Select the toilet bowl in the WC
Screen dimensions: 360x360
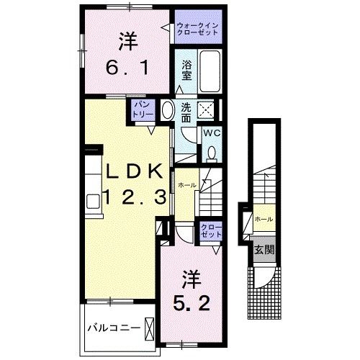pyautogui.click(x=212, y=152)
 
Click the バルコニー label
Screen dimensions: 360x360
pyautogui.click(x=110, y=328)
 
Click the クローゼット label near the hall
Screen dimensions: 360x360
pyautogui.click(x=212, y=231)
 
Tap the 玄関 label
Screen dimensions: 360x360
pyautogui.click(x=264, y=250)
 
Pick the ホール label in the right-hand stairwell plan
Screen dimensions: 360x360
pyautogui.click(x=264, y=218)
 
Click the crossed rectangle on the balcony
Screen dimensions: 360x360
pyautogui.click(x=150, y=328)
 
